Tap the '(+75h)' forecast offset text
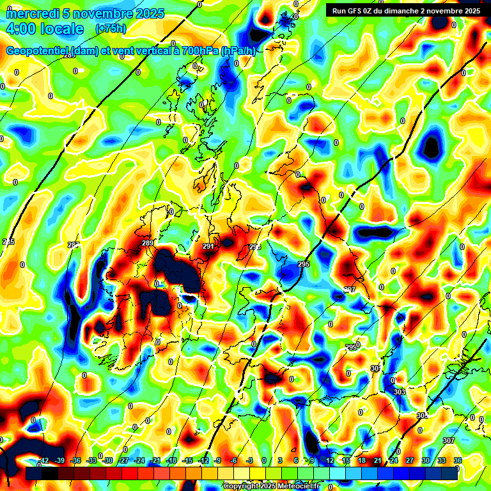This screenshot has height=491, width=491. click(111, 29)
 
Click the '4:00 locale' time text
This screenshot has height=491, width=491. click(44, 29)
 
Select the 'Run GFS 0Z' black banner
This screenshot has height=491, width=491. click(407, 11)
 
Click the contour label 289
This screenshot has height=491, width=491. click(148, 243)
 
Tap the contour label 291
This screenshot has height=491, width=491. click(208, 246)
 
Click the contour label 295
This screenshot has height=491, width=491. click(304, 264)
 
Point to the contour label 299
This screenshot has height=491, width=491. click(351, 347)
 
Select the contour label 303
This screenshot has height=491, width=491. click(400, 391)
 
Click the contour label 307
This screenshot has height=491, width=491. click(448, 440)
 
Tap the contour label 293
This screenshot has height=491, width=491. click(255, 247)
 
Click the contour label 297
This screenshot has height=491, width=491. click(350, 290)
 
